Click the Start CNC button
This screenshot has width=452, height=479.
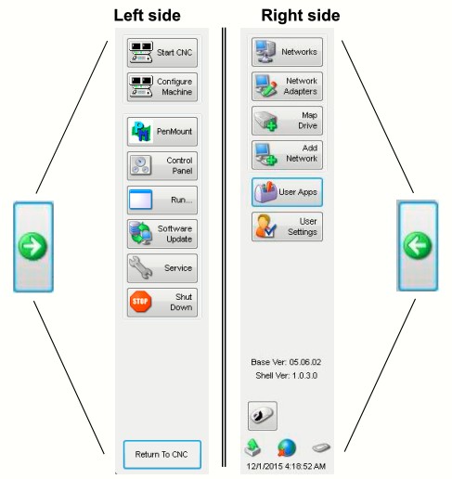tap(162, 53)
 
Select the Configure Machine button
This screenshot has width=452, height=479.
tap(162, 87)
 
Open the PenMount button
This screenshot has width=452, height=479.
tap(162, 132)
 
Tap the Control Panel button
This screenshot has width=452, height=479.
tap(162, 166)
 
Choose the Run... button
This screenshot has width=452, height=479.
tap(162, 200)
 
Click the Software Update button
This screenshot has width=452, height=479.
tap(162, 234)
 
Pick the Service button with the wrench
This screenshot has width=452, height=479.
tap(162, 268)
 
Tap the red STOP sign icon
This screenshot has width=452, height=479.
tap(140, 302)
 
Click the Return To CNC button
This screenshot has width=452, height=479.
tap(162, 454)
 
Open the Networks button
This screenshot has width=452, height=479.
tap(287, 52)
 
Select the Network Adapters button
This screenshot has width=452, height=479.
tap(287, 86)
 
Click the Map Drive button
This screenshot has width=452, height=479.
tap(287, 121)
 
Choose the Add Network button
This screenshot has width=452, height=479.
tap(287, 155)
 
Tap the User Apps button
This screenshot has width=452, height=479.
tap(287, 192)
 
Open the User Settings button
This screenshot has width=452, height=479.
tap(287, 227)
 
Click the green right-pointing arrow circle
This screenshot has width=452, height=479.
tap(32, 246)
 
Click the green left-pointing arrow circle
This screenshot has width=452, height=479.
tap(418, 246)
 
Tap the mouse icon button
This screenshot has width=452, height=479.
tap(263, 416)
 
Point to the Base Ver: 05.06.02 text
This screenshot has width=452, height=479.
tap(286, 362)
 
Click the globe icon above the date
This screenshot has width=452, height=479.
tap(287, 447)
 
